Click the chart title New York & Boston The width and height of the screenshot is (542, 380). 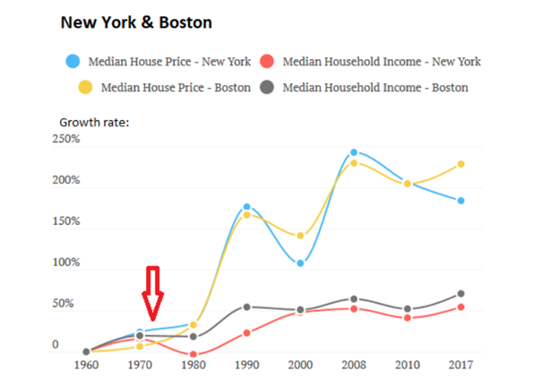point(142,21)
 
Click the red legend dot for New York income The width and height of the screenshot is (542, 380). point(266,62)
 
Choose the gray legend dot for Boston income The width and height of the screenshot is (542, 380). point(266,88)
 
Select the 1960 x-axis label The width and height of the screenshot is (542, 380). point(86,364)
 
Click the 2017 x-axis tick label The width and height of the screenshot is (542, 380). point(460,364)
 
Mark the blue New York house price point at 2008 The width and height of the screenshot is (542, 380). point(354,153)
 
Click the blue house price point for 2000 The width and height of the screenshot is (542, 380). point(300,263)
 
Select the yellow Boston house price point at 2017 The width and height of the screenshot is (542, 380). point(461,164)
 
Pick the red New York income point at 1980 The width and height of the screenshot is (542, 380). point(194,355)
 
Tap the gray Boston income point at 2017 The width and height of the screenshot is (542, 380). point(461,294)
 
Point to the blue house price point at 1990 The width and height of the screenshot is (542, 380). point(247,207)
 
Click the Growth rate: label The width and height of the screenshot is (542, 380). point(94,121)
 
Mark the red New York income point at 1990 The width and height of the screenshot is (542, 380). point(247,333)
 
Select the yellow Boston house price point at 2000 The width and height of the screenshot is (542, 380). point(300,237)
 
